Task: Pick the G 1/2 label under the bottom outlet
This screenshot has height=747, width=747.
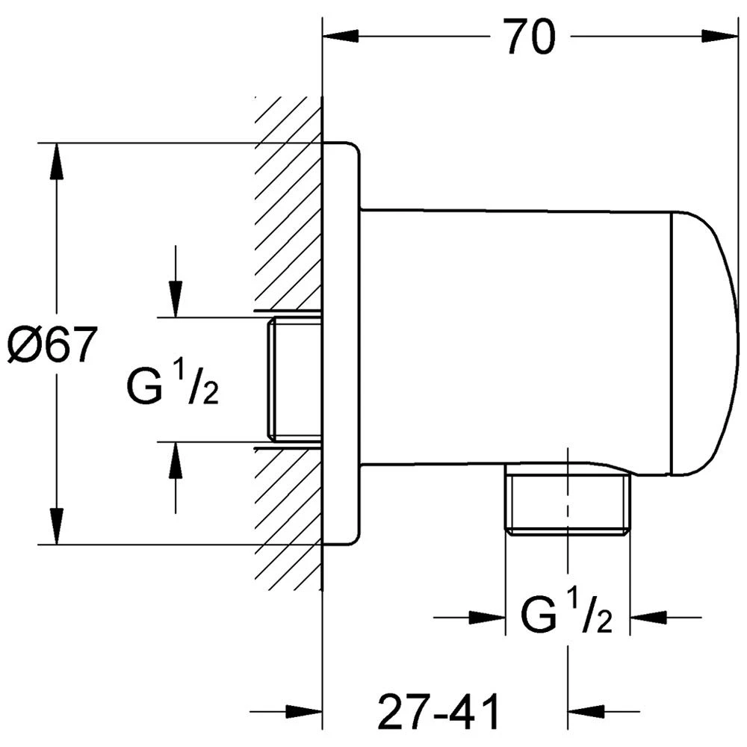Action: pos(567,616)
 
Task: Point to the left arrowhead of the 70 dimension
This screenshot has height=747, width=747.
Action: pos(340,35)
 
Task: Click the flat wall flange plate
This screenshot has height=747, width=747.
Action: pos(342,344)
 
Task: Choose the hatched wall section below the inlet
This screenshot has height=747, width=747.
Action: pos(288,515)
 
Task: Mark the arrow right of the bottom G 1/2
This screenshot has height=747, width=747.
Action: pos(648,617)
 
